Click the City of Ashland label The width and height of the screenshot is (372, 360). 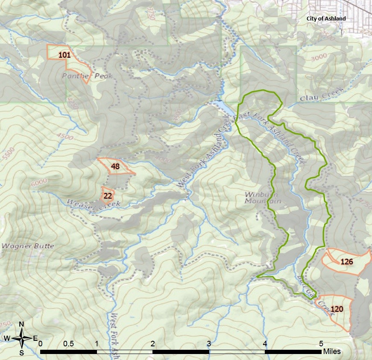click(x=326, y=19)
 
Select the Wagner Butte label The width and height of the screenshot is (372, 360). click(x=28, y=246)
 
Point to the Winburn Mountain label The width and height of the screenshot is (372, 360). click(x=263, y=197)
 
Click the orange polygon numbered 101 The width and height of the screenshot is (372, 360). click(x=64, y=55)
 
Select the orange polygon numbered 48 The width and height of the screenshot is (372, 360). click(x=115, y=166)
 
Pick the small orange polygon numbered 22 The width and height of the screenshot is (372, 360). click(x=108, y=195)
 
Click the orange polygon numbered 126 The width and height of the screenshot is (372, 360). click(x=346, y=261)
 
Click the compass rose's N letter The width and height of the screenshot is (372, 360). click(x=21, y=324)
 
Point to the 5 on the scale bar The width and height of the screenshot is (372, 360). click(x=321, y=343)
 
